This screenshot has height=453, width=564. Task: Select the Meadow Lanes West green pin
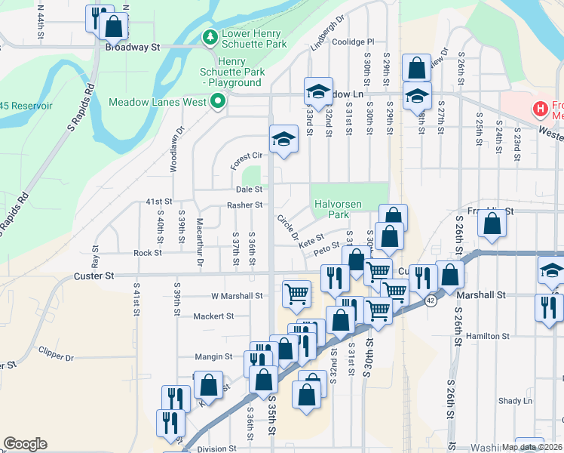[x=219, y=101]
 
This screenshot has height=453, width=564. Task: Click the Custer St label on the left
[x=93, y=277]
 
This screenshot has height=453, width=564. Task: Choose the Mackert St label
[x=214, y=316]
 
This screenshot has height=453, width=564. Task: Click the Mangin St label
[x=213, y=356]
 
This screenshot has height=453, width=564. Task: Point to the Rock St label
[x=143, y=254]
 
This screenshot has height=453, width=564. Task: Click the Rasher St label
[x=244, y=205]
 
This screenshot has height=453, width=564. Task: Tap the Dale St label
[x=248, y=190]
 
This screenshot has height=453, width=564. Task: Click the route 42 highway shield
[x=431, y=300]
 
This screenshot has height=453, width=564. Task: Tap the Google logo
[x=25, y=444]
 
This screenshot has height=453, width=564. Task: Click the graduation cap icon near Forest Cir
[x=284, y=139]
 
